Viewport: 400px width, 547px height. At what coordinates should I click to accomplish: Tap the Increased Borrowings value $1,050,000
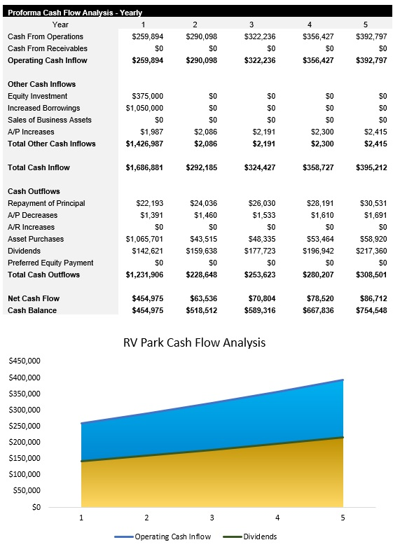(144, 108)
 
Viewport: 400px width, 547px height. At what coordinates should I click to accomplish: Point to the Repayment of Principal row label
(46, 203)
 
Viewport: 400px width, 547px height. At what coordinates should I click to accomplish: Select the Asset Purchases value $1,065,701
(144, 239)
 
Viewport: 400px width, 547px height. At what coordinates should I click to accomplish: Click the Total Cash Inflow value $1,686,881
(144, 167)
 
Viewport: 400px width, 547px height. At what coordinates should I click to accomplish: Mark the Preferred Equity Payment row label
(50, 263)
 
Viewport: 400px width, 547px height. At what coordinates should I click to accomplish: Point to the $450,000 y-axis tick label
(24, 361)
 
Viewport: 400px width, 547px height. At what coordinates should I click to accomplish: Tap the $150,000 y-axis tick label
(24, 458)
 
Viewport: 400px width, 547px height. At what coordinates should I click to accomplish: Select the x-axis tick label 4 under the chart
(277, 518)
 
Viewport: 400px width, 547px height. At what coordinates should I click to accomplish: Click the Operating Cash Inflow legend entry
(166, 536)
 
